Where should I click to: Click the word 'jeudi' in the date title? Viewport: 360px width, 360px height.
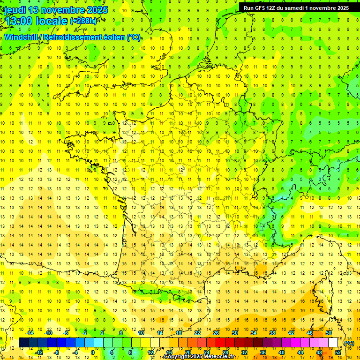pos(15,10)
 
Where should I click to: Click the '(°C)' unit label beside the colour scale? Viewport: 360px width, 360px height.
pos(349,343)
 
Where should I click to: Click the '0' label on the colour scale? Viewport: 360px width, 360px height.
pos(92,352)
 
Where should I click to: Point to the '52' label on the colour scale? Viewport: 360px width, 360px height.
pos(338,352)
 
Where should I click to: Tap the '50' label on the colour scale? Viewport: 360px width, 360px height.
pos(328,333)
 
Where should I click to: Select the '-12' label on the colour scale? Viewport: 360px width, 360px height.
pos(39,352)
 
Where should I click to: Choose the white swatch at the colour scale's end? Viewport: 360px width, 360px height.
pos(333,343)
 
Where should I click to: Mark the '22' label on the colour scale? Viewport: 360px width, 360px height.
pos(197,333)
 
